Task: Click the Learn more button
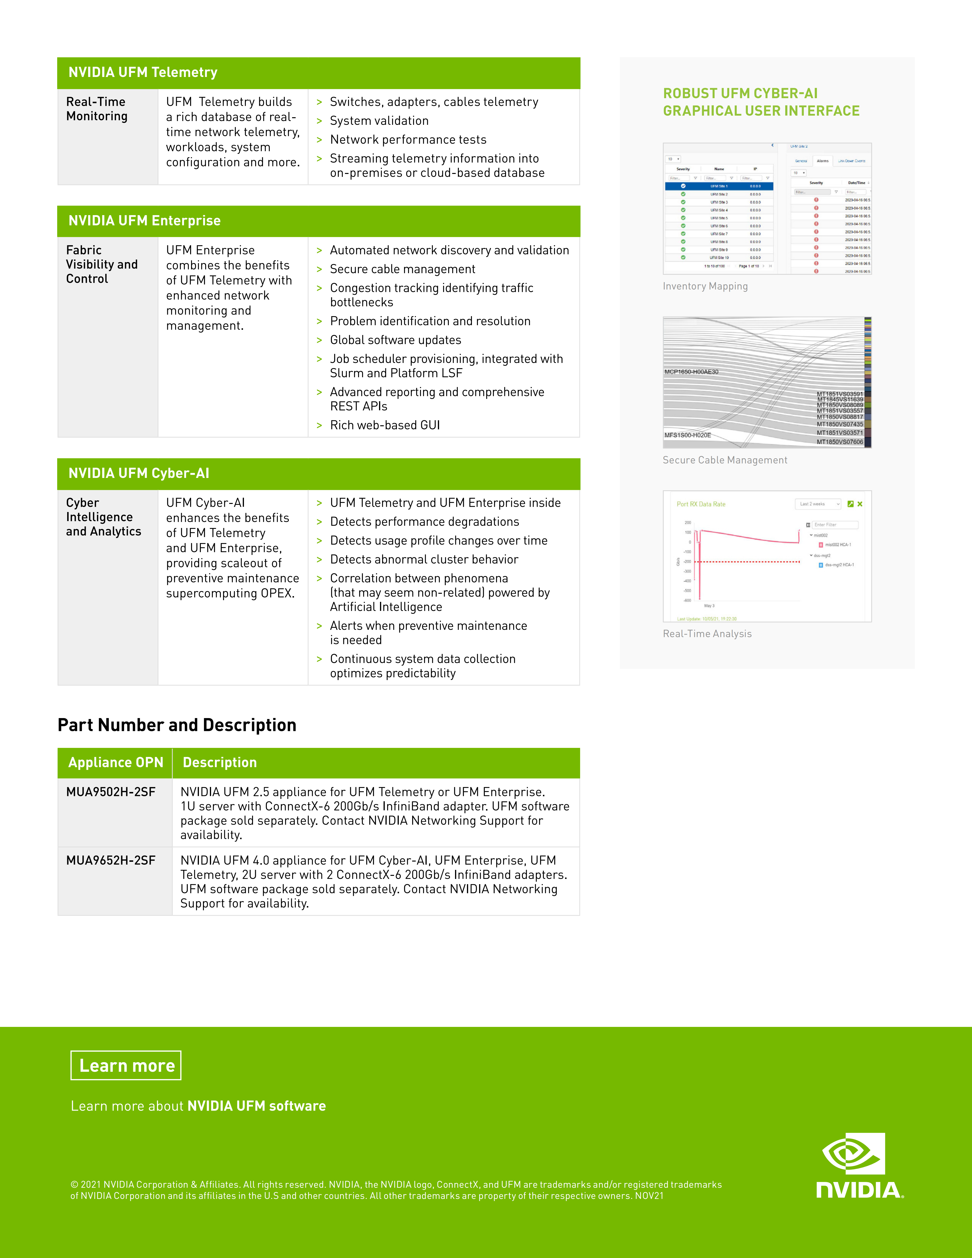tap(126, 1066)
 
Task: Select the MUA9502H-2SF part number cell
tap(111, 792)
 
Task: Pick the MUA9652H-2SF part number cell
tap(111, 861)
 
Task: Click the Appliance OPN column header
tap(115, 763)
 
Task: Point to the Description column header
tap(219, 763)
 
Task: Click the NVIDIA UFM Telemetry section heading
tap(143, 73)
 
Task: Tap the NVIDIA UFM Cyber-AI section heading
tap(139, 473)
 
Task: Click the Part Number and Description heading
tap(177, 725)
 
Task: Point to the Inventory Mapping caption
tap(705, 286)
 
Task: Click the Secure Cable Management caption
tap(724, 460)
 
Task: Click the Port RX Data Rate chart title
tap(701, 504)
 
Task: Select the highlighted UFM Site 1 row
tap(719, 186)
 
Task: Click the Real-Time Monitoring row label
tap(97, 109)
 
